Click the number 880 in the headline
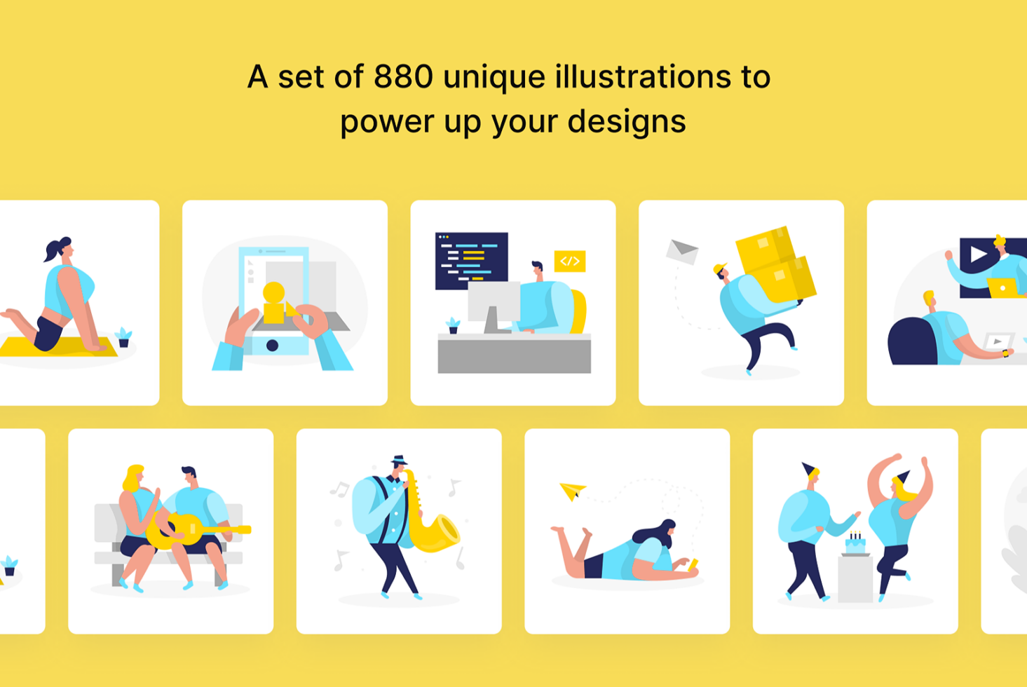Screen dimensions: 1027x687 point(403,76)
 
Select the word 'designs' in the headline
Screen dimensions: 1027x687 point(626,121)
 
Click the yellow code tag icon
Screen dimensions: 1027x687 point(569,261)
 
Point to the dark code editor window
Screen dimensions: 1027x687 point(471,261)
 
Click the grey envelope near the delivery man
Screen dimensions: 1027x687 point(682,252)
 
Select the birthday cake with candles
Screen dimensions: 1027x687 point(855,543)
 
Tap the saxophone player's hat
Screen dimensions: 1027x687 point(399,460)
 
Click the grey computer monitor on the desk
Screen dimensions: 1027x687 point(494,304)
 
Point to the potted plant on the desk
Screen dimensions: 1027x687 point(453,325)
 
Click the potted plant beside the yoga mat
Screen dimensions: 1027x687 point(123,337)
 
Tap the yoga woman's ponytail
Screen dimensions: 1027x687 point(53,250)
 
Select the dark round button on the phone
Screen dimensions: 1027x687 point(272,346)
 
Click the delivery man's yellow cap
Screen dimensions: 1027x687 point(719,268)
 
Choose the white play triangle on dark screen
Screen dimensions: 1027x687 point(977,254)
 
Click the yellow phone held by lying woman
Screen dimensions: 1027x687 point(693,564)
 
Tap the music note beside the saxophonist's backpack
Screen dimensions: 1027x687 point(340,489)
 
